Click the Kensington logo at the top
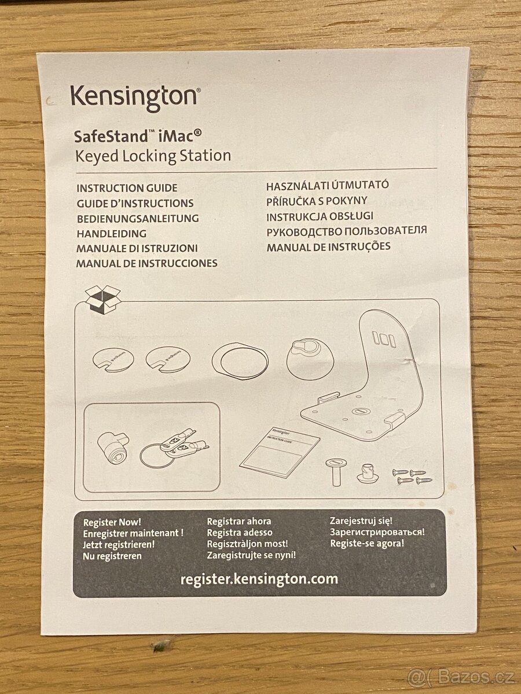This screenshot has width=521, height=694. [135, 97]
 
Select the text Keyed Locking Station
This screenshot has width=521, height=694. [153, 156]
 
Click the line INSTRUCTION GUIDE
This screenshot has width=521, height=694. [127, 188]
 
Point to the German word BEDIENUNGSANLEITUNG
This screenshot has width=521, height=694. [138, 219]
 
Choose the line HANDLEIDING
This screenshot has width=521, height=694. [111, 234]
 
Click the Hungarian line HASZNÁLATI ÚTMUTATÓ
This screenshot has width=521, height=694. [327, 186]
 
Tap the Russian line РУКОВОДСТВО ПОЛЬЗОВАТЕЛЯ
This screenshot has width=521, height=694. [346, 231]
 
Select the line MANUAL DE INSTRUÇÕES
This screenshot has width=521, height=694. [328, 247]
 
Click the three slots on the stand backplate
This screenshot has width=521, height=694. [384, 339]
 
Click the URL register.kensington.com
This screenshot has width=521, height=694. [259, 579]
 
